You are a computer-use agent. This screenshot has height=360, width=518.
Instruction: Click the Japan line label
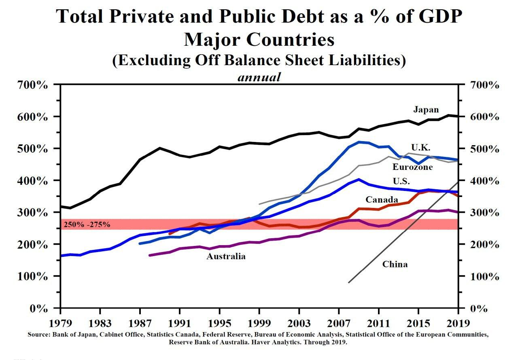[426, 110]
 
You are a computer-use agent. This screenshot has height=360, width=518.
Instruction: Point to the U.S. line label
[401, 182]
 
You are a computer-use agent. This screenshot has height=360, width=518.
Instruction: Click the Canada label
[382, 199]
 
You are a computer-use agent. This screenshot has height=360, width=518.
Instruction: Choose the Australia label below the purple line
[226, 256]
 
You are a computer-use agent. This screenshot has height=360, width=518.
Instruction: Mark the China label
[395, 265]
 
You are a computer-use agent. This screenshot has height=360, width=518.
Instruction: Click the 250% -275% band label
[87, 224]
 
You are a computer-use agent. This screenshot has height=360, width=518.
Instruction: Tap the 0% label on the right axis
[479, 309]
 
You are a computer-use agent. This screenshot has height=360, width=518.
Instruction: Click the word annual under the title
[259, 77]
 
